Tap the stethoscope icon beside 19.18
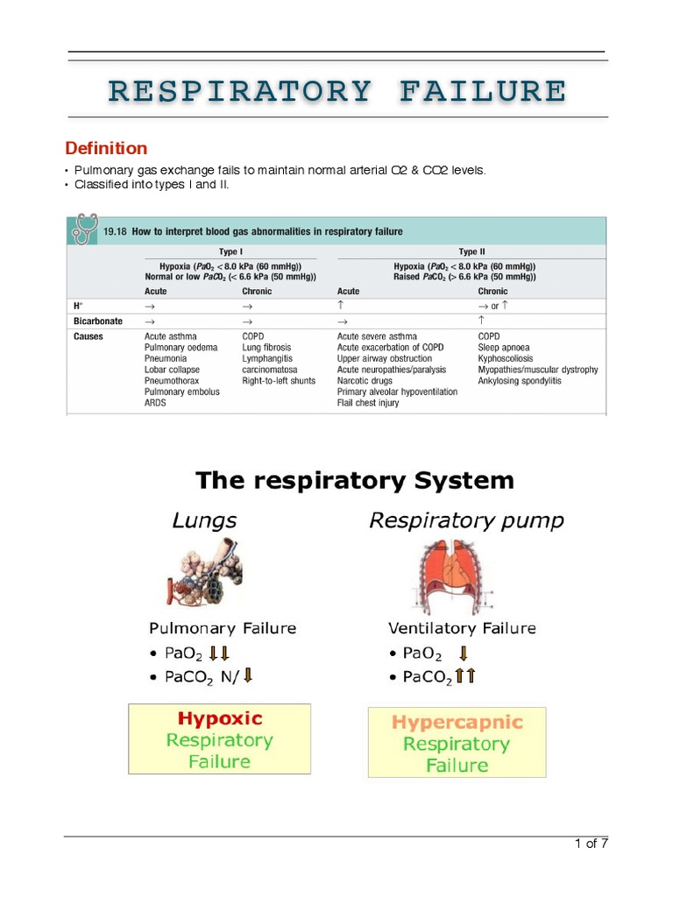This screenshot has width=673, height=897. (x=83, y=230)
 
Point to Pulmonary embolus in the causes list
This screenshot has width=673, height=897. (x=182, y=392)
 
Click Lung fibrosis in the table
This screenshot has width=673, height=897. (x=266, y=348)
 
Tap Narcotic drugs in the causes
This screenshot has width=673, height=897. (x=366, y=381)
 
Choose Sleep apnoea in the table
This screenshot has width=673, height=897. (x=504, y=348)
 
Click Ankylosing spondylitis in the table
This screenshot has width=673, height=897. (x=520, y=381)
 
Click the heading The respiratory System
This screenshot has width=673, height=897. (x=354, y=481)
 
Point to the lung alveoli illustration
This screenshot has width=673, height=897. (x=203, y=571)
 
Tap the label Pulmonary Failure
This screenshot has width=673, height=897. (x=223, y=628)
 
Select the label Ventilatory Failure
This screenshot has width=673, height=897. (x=462, y=628)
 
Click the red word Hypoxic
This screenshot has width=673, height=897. (x=220, y=719)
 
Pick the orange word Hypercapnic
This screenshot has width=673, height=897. (x=457, y=724)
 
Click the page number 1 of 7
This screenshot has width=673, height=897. (x=591, y=844)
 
